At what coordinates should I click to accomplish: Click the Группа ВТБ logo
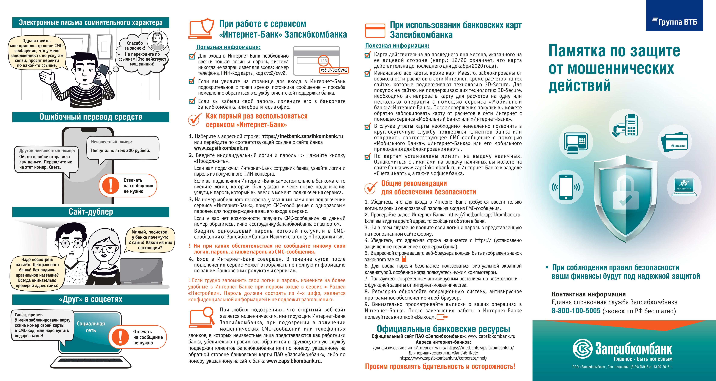click(x=675, y=22)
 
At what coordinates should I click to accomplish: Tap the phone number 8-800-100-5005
click(x=576, y=311)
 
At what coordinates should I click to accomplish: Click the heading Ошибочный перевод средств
click(x=91, y=117)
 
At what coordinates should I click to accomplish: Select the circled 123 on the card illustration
click(x=323, y=61)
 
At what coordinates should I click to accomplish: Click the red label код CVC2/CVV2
click(x=334, y=70)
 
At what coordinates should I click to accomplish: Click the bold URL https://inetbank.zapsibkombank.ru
click(x=302, y=136)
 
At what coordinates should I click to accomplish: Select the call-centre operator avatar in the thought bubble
click(x=157, y=41)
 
